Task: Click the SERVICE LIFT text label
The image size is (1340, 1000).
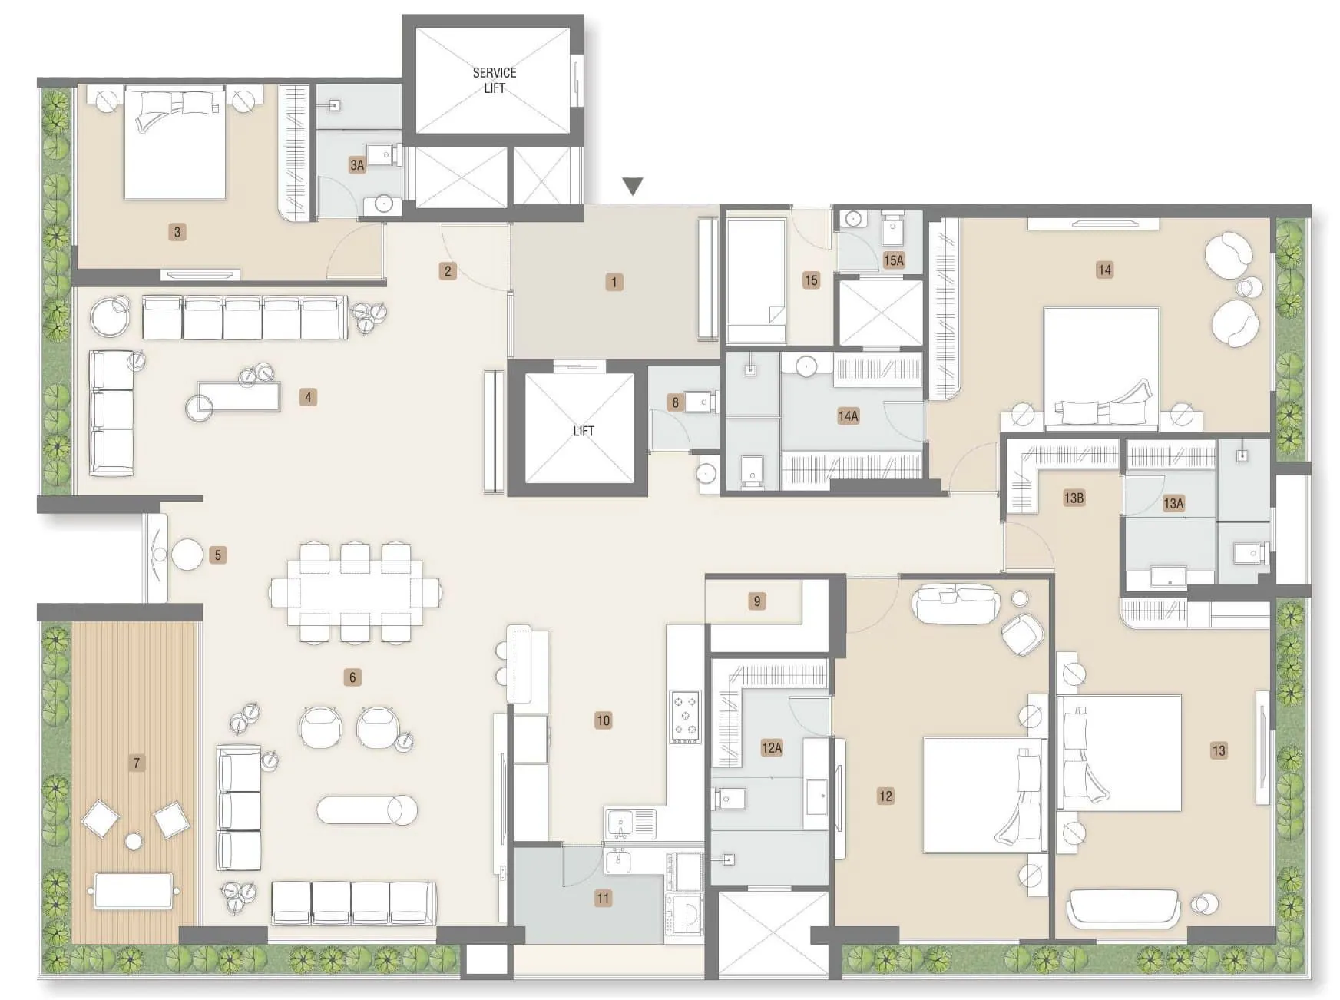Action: click(x=494, y=80)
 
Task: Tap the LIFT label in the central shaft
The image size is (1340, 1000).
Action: click(x=583, y=431)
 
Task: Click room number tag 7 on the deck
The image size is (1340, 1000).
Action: click(x=137, y=763)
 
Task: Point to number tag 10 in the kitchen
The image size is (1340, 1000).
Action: click(x=603, y=720)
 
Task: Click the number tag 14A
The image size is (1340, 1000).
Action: click(x=848, y=416)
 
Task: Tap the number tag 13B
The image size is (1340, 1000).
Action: click(x=1074, y=498)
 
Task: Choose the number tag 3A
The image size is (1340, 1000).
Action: click(x=356, y=164)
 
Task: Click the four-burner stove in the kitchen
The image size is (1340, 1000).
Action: click(x=686, y=716)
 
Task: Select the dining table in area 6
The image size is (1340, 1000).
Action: click(x=355, y=592)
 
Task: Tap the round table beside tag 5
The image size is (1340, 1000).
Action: click(x=187, y=555)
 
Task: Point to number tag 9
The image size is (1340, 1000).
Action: click(x=756, y=601)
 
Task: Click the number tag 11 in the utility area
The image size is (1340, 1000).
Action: click(x=603, y=898)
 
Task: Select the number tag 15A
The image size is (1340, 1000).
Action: click(x=893, y=260)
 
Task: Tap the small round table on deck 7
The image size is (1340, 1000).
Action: click(x=134, y=841)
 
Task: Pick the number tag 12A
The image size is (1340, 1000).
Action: click(x=771, y=747)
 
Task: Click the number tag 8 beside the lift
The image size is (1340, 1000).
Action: click(x=675, y=402)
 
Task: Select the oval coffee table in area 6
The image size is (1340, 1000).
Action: click(x=368, y=809)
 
